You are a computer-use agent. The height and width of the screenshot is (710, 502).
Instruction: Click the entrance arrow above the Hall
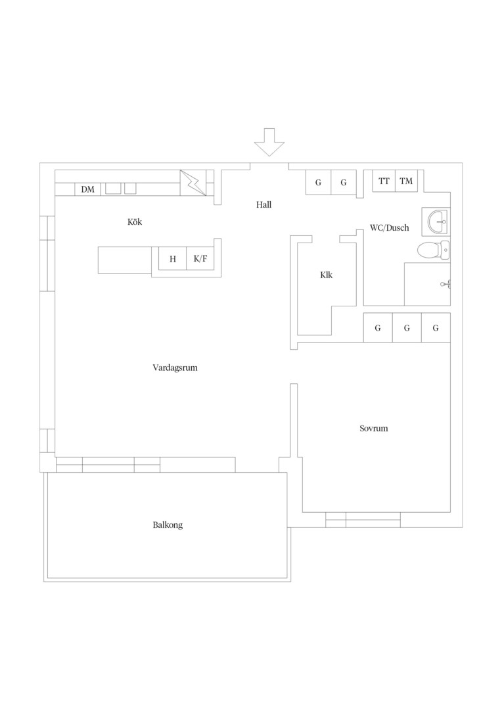coord(269,142)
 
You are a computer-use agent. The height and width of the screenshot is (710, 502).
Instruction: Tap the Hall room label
coord(264,204)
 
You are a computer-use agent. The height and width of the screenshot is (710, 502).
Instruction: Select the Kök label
coord(135,222)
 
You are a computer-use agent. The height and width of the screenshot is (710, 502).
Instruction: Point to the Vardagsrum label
coord(175,367)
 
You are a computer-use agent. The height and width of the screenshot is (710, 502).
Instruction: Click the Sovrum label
coord(374,429)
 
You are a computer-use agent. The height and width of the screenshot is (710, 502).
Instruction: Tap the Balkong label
coord(168,525)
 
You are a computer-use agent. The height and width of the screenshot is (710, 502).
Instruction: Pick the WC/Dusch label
coord(389,227)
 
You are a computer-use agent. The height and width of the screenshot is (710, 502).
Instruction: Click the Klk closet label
coord(327,275)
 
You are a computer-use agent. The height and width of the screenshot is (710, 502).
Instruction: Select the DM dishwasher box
coord(88,189)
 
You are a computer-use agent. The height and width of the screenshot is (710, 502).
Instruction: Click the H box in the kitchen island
coord(172,259)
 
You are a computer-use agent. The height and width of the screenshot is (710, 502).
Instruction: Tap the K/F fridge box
coord(200,259)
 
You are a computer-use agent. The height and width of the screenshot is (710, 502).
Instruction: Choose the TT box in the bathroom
coord(384,181)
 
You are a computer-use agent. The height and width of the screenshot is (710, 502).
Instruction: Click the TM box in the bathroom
coord(406,181)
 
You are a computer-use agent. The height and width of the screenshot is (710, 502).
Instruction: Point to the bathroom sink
coord(436,222)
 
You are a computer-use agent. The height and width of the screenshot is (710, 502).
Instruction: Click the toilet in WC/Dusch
coord(434,250)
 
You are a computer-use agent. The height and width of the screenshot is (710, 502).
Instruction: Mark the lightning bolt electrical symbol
coord(193,183)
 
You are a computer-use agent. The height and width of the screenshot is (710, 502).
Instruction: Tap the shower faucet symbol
coord(446,285)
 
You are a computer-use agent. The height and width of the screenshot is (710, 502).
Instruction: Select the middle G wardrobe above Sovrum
coord(407,328)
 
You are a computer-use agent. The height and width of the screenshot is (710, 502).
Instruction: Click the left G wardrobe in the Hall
coord(318,183)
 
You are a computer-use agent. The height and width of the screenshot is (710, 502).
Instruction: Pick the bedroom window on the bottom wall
coord(363,520)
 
